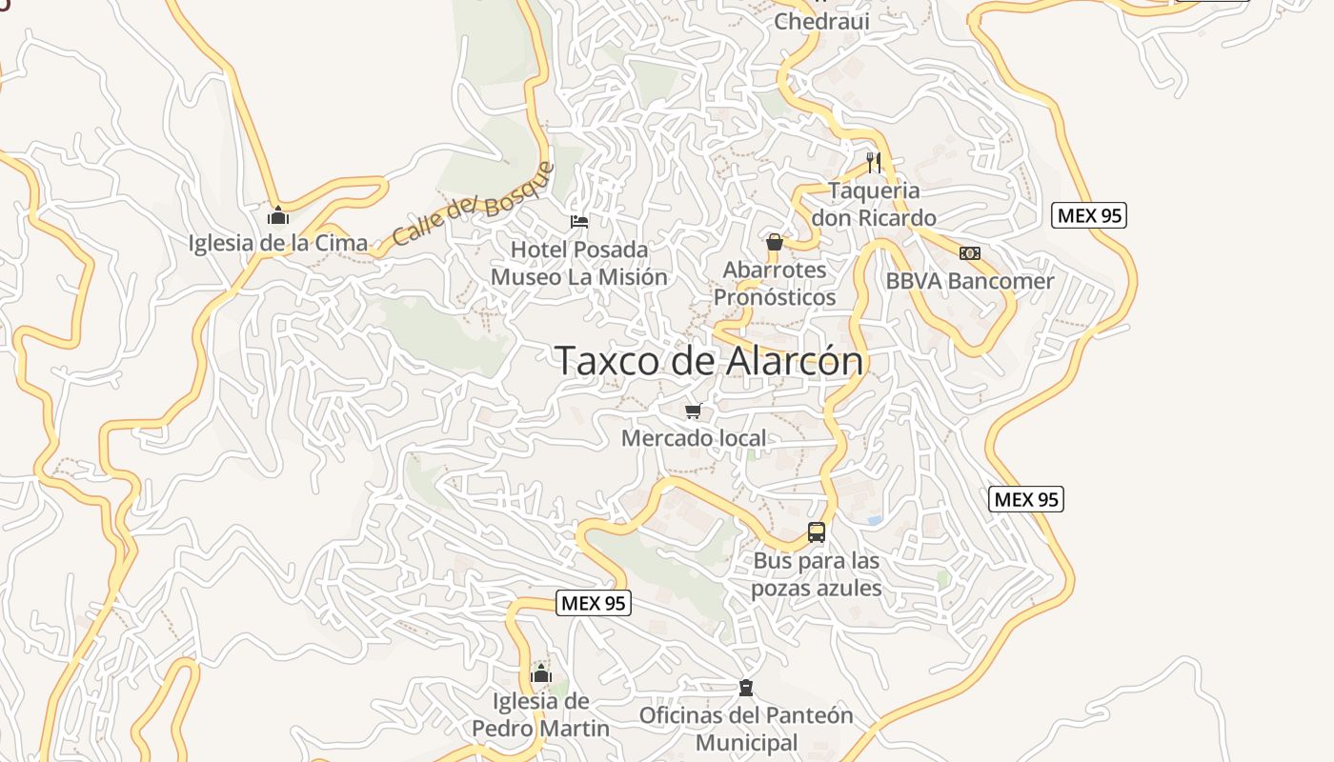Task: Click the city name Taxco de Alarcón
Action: click(709, 361)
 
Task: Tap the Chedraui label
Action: click(821, 21)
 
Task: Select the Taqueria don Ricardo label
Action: click(874, 204)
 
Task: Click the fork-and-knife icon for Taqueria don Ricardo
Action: click(874, 162)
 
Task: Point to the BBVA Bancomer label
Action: click(970, 281)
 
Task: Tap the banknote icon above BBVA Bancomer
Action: click(969, 253)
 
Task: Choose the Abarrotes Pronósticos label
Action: click(775, 283)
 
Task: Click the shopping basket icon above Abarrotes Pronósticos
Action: click(775, 242)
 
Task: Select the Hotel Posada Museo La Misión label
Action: click(579, 263)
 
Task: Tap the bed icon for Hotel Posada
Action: click(578, 222)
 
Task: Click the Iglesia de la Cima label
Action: click(278, 243)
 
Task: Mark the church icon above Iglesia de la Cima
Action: click(278, 215)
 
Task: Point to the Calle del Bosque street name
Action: click(473, 204)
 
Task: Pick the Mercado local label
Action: click(694, 438)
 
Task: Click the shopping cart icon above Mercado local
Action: click(694, 411)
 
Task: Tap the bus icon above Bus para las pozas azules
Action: click(817, 532)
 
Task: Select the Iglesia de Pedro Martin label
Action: click(540, 715)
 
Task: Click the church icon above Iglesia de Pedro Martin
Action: click(540, 674)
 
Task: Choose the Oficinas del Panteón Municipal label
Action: click(746, 729)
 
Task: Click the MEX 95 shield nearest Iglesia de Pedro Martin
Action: click(593, 603)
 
